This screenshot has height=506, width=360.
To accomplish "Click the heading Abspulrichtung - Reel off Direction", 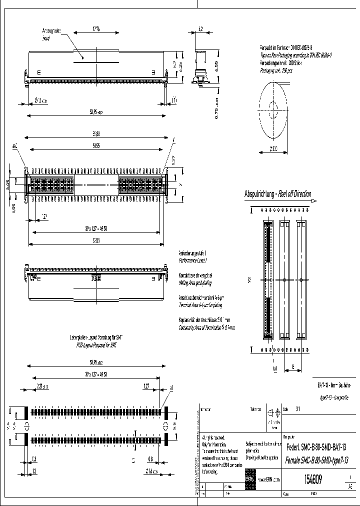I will [277, 194].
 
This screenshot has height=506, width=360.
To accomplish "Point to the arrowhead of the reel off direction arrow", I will [314, 201].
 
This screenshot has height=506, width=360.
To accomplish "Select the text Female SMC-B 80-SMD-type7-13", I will [315, 459].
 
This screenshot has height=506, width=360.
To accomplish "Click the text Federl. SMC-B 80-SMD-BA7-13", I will [315, 447].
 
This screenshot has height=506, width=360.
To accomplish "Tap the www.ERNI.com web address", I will [269, 480].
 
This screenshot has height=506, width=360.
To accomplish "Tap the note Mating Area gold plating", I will [195, 282].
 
